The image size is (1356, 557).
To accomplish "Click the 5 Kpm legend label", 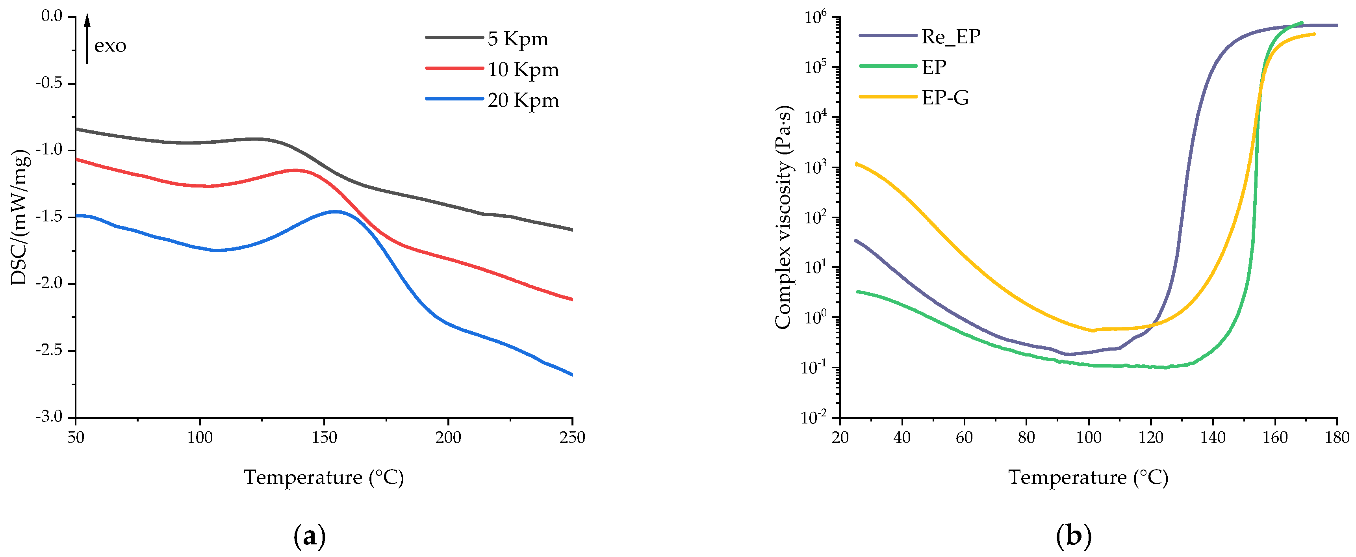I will (x=518, y=39).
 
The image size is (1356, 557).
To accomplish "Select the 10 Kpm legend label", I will (x=523, y=69).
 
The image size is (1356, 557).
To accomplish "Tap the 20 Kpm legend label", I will (x=523, y=100).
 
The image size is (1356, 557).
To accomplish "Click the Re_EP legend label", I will (x=951, y=36).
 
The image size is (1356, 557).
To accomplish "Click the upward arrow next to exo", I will (x=87, y=39).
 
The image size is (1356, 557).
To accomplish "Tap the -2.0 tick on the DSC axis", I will (x=48, y=283).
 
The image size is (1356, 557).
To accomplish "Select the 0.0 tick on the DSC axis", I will (x=52, y=16).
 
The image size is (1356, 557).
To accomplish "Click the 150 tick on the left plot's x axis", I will (x=324, y=437).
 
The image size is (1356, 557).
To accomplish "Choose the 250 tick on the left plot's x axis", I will (x=572, y=437).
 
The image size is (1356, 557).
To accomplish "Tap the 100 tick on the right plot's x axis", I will (x=1089, y=437).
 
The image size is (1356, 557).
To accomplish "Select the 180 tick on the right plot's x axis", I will (x=1337, y=437).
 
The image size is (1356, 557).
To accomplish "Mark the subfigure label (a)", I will (x=309, y=536).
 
